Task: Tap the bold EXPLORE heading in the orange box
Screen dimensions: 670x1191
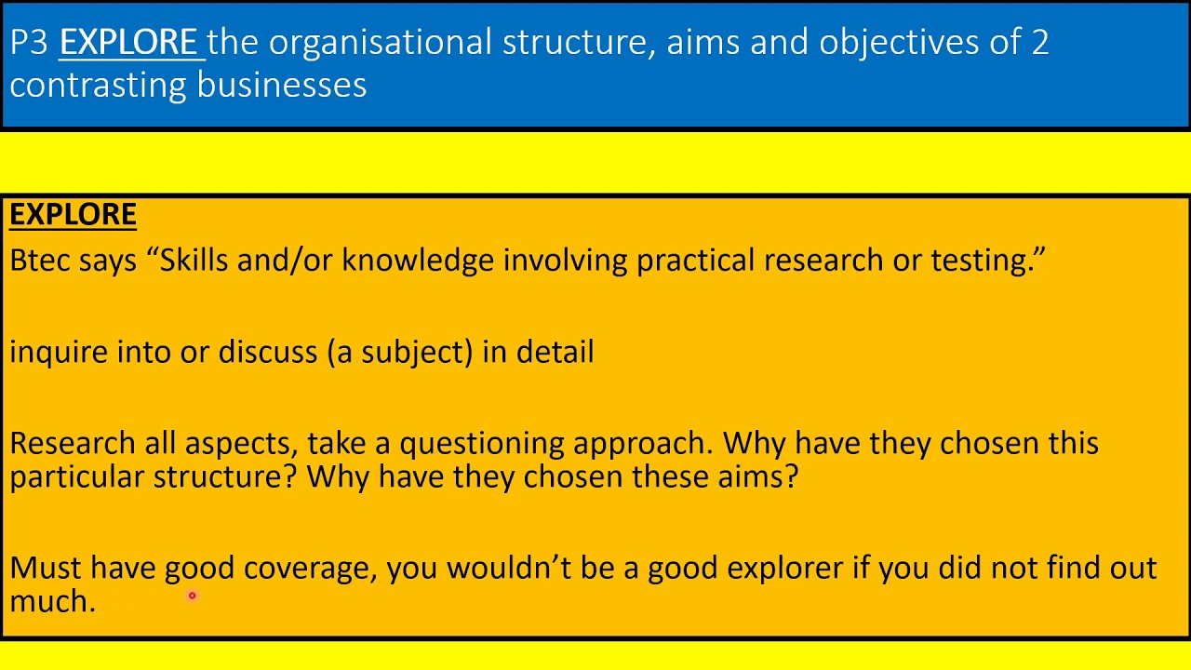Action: point(73,215)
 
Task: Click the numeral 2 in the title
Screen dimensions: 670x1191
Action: point(1039,43)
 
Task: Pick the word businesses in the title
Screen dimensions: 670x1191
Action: point(281,86)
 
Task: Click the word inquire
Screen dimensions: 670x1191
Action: point(58,352)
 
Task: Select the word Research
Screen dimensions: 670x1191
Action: point(73,443)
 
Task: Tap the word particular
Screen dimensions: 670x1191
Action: point(77,477)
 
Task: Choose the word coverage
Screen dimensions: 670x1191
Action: point(310,569)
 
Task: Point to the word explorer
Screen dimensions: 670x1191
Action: point(784,569)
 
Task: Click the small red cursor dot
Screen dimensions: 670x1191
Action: point(192,596)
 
